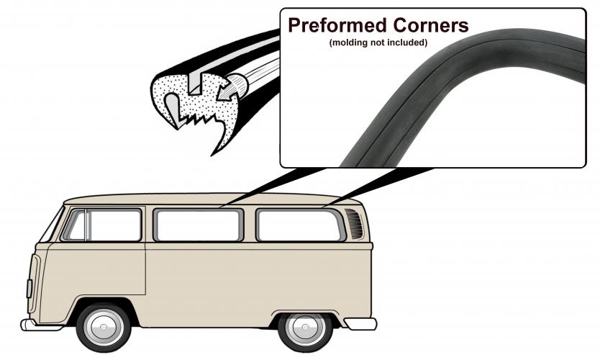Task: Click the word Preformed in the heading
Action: coord(337,26)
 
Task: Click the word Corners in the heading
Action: coord(431,26)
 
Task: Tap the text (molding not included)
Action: coord(378,42)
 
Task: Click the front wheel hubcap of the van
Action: coord(104,328)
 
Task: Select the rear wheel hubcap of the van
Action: coord(305,328)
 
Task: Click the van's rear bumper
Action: coord(360,323)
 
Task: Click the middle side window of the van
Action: coord(199,225)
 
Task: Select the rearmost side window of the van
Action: coord(301,225)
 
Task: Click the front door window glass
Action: coord(114,225)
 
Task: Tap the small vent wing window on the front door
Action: coord(76,225)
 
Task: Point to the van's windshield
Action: coord(51,225)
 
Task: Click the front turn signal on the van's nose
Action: coord(29,289)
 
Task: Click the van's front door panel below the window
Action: coord(96,270)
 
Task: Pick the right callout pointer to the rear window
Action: coord(378,187)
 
